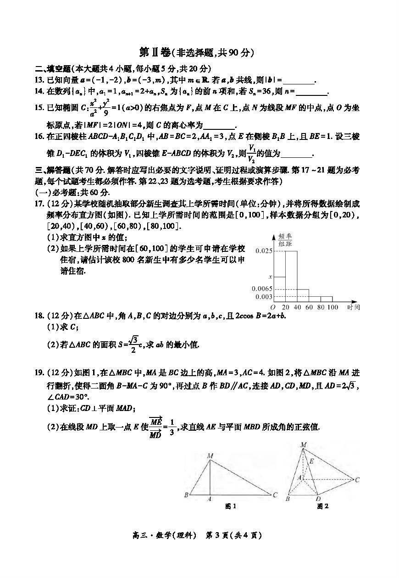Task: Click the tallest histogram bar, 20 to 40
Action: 291,275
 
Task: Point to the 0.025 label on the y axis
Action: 264,251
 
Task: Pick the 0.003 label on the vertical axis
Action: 264,297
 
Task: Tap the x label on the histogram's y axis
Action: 270,277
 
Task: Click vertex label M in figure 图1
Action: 210,456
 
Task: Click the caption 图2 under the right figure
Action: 323,506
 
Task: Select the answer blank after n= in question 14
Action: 312,92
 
